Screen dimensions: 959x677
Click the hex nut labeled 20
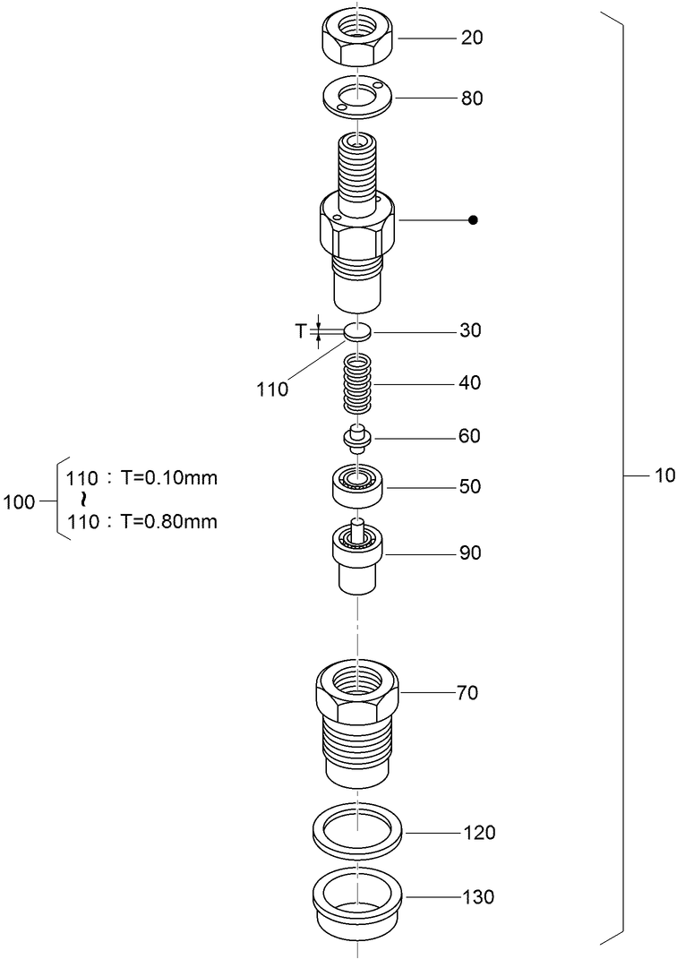(357, 40)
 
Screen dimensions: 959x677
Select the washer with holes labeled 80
(357, 98)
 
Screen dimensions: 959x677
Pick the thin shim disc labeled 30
(357, 331)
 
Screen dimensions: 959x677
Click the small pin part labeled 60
(357, 438)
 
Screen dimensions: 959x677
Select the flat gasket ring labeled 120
(358, 832)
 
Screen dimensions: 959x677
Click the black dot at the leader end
(474, 219)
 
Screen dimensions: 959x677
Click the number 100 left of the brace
(19, 501)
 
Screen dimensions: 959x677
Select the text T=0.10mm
(168, 477)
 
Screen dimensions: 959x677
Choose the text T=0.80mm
(168, 521)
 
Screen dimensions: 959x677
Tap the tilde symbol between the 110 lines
(82, 499)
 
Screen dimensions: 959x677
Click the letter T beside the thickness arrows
(301, 331)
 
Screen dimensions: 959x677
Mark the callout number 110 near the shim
(272, 390)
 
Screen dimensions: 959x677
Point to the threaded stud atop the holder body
(357, 175)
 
